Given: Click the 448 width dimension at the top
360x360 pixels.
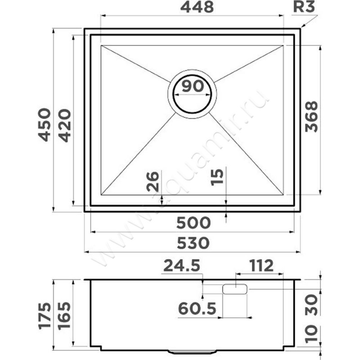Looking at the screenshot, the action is coord(197,7).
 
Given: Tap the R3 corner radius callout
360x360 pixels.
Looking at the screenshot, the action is coord(304,7).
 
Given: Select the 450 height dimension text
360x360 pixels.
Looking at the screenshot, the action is coord(44,125).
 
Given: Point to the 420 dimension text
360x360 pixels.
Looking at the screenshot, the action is coord(64,126).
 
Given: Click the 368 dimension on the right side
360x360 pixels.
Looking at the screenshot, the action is coord(311,117).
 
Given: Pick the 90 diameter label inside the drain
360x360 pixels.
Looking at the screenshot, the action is coord(193,86).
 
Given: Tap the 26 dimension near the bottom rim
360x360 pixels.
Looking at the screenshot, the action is coord(153,181).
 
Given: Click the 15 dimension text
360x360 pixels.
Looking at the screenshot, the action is coord(217,177).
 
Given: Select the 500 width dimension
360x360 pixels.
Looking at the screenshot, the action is coord(193,223).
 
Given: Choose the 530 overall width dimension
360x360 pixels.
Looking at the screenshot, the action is coord(193,243).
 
